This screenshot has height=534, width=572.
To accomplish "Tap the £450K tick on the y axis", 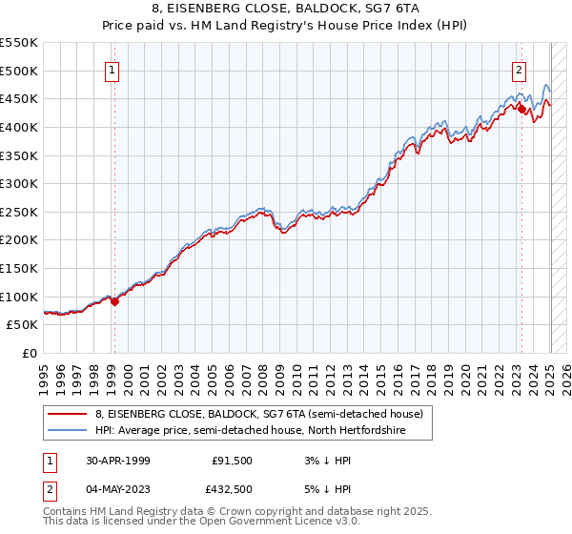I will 19,98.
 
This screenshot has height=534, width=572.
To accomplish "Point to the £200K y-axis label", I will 19,239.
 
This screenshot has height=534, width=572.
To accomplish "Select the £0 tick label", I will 31,353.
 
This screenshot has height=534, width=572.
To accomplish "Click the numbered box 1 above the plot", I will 113,69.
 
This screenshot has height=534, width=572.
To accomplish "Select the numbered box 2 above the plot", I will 519,69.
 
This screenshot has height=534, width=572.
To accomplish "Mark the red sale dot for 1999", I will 115,301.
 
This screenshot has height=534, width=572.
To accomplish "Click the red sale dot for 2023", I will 522,109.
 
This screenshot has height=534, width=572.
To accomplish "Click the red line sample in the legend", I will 68,414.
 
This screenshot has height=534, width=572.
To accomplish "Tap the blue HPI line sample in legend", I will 68,431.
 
